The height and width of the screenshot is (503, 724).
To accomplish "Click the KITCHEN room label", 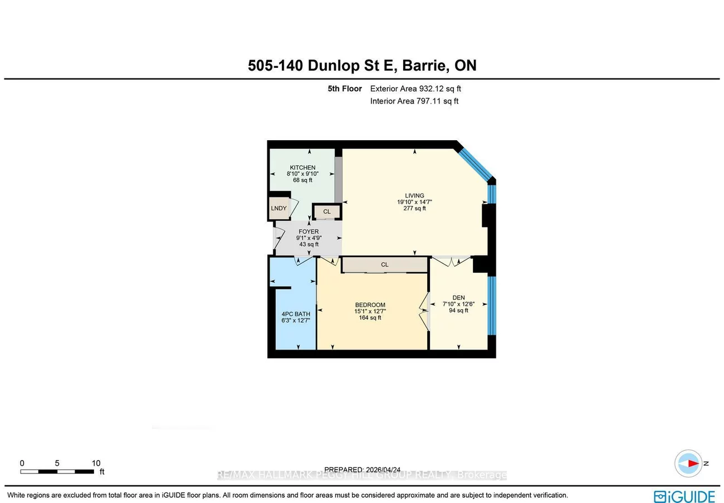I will click(x=302, y=167).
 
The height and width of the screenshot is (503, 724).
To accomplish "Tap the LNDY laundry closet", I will click(x=278, y=208).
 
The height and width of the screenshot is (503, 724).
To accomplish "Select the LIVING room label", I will click(x=414, y=195).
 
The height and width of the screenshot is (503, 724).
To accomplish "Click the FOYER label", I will click(x=309, y=231).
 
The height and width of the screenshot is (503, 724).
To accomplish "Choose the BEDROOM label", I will click(x=370, y=304).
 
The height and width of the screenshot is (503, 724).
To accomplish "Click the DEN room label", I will click(x=458, y=298).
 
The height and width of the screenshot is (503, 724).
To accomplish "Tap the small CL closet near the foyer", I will click(x=327, y=211).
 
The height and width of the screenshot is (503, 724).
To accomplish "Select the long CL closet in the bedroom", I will click(x=384, y=265).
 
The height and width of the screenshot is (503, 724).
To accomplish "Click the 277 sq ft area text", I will click(x=414, y=209).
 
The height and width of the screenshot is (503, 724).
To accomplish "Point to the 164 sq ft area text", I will click(x=370, y=318).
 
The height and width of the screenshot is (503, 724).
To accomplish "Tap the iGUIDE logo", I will click(x=684, y=496).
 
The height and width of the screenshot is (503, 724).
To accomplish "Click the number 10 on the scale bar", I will click(x=96, y=463).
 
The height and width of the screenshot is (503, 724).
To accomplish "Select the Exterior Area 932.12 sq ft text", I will click(x=415, y=88).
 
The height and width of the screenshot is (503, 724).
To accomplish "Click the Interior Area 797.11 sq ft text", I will click(x=414, y=101).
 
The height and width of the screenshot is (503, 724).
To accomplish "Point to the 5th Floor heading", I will click(x=345, y=88).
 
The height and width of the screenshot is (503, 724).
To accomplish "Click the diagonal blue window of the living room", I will click(x=474, y=162).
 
